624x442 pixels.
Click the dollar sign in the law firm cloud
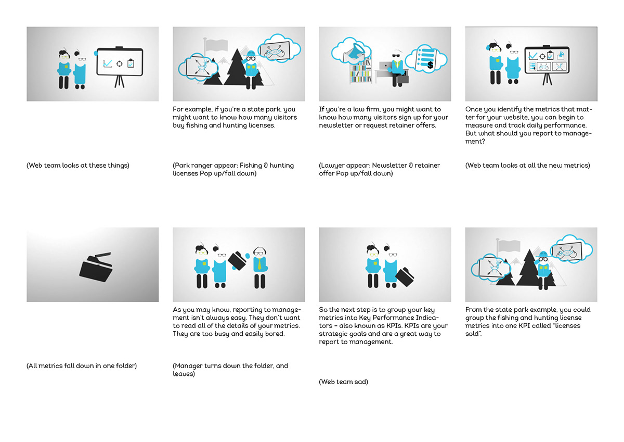pyautogui.click(x=430, y=65)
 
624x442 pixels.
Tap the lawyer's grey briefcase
pyautogui.click(x=403, y=79)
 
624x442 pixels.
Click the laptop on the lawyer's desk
pyautogui.click(x=385, y=66)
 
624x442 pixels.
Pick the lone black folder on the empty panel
pyautogui.click(x=96, y=267)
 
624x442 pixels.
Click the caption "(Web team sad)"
pyautogui.click(x=343, y=382)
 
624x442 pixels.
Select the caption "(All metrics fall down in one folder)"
pyautogui.click(x=82, y=366)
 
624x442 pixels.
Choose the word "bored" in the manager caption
pyautogui.click(x=274, y=334)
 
